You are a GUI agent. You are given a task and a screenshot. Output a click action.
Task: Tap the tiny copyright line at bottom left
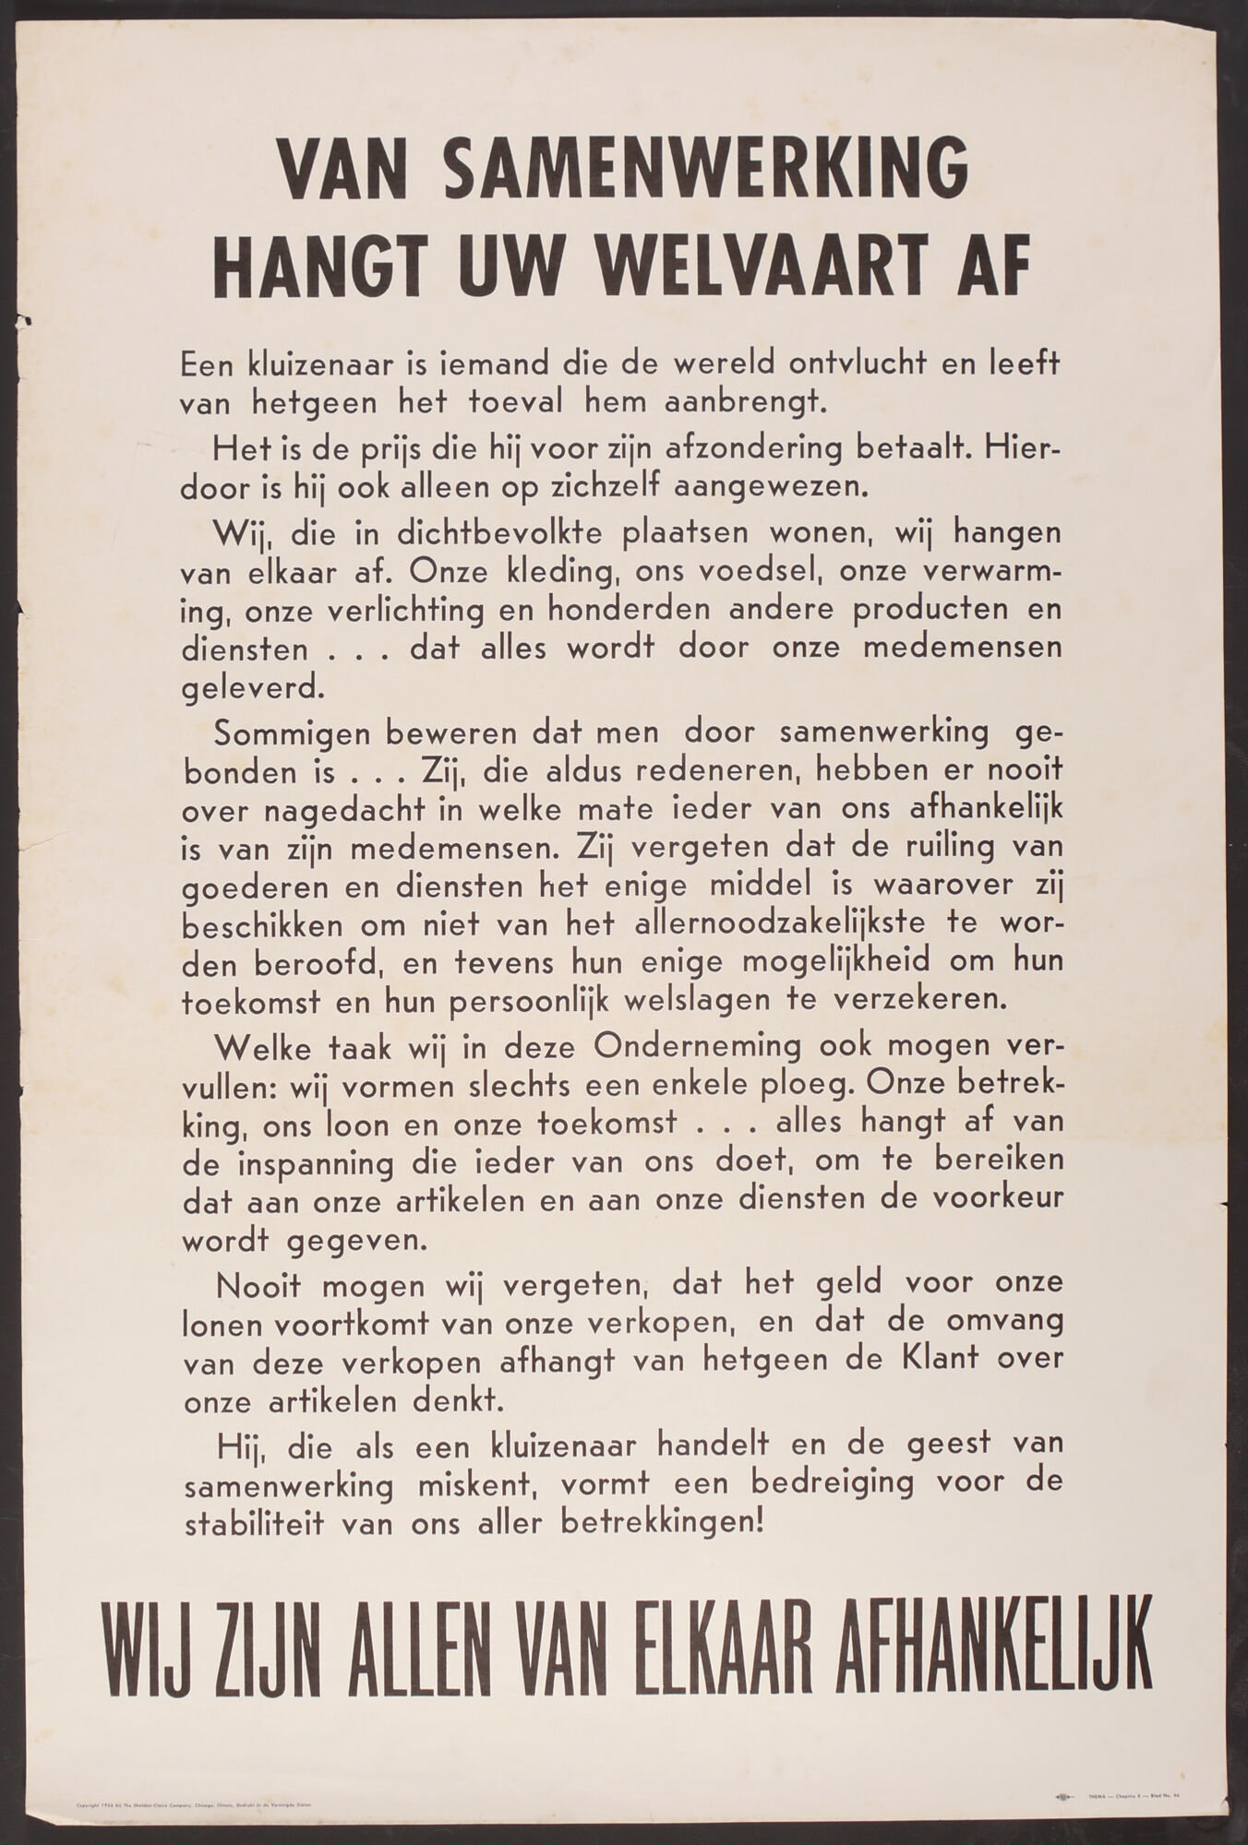(x=194, y=1777)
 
